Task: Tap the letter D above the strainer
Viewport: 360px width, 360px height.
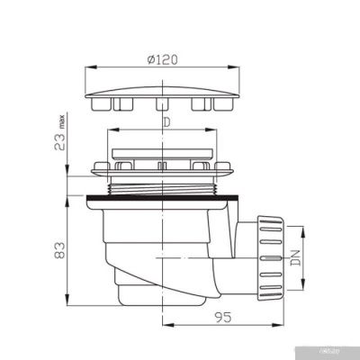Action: click(165, 121)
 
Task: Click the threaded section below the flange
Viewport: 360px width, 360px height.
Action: click(163, 184)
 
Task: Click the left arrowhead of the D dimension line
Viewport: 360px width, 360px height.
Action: click(110, 131)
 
